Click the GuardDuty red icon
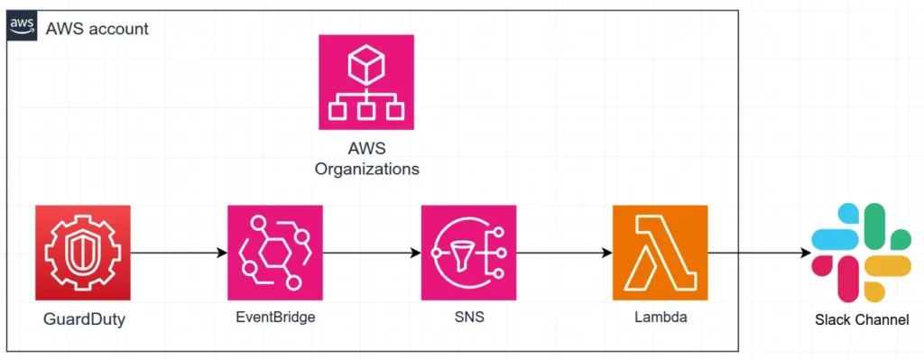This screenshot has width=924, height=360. (82, 253)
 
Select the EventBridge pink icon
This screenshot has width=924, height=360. (275, 253)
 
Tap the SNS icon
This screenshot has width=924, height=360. (468, 253)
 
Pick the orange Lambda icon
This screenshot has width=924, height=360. (660, 253)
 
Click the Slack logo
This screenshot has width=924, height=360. (861, 252)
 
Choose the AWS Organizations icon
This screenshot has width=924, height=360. (366, 82)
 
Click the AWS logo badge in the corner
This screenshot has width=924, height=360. (22, 28)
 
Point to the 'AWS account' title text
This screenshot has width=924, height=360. (97, 28)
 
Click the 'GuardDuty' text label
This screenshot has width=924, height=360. (85, 320)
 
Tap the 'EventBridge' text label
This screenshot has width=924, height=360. (275, 318)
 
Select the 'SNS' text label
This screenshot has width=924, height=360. (469, 318)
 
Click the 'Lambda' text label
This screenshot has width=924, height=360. (661, 318)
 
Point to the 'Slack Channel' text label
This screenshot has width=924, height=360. (862, 320)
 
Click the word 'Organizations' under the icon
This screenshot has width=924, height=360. (366, 169)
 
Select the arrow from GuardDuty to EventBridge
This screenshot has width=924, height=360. (179, 253)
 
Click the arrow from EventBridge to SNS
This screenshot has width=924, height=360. (372, 253)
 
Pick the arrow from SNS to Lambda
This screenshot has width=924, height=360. (564, 253)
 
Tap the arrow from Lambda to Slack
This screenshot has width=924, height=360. (759, 253)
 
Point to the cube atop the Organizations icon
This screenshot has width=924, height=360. (366, 64)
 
